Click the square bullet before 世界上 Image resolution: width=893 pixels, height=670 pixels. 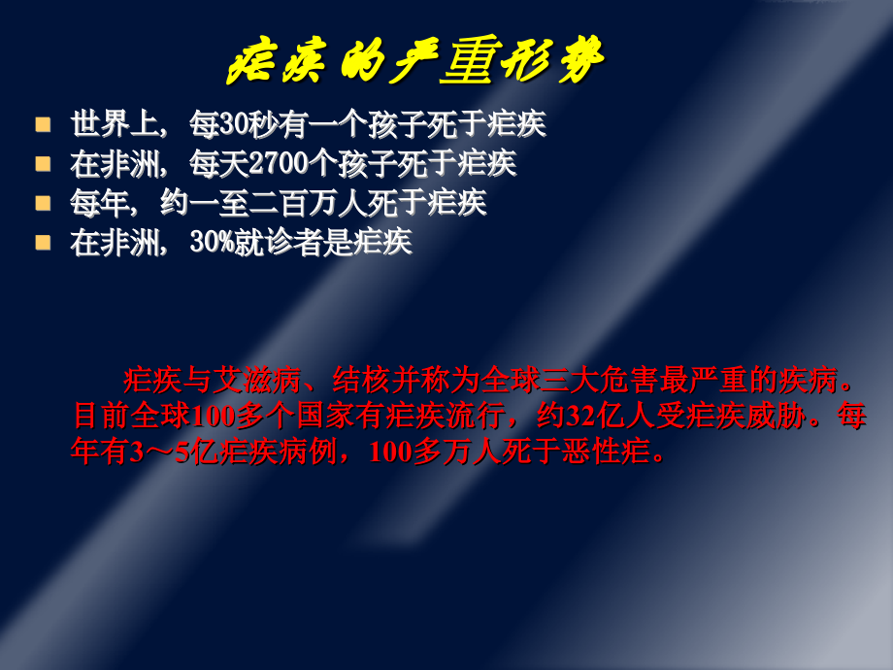click(x=43, y=124)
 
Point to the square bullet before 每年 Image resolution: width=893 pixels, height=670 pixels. click(x=43, y=203)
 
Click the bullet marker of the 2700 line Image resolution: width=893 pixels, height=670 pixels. click(x=43, y=163)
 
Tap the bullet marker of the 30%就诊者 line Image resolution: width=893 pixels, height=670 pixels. click(x=43, y=242)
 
